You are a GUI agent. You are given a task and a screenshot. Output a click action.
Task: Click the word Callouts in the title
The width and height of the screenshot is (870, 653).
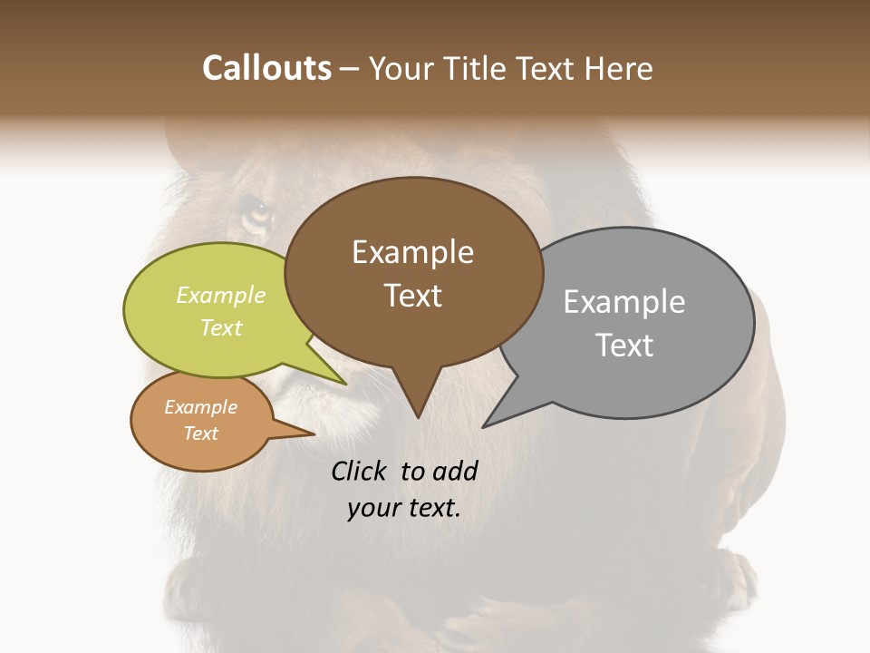coord(266,69)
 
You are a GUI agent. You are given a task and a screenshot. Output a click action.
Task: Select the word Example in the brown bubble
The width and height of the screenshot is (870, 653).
coord(412,252)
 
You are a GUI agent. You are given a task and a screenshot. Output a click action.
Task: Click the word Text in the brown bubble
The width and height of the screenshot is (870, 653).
coord(412,296)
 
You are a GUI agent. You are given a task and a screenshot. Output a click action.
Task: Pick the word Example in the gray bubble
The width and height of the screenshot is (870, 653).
coord(624,302)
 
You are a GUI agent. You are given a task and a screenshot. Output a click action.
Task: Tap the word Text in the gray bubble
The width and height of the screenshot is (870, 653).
coord(624,346)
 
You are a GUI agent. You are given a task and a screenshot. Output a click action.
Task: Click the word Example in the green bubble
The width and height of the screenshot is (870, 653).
coord(221,295)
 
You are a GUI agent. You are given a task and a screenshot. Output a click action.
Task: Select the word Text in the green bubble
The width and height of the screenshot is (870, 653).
coord(221,327)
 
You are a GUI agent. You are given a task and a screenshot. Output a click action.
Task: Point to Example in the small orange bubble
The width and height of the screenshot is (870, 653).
coord(200,407)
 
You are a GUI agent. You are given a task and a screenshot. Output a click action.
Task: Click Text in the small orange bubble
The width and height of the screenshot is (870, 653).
coord(200,434)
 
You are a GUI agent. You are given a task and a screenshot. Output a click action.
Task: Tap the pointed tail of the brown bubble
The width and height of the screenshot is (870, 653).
coord(417,408)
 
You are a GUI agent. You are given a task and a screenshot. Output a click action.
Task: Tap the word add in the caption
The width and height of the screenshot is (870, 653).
coord(455,472)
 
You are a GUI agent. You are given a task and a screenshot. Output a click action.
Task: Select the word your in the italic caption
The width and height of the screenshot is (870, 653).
coord(372,508)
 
